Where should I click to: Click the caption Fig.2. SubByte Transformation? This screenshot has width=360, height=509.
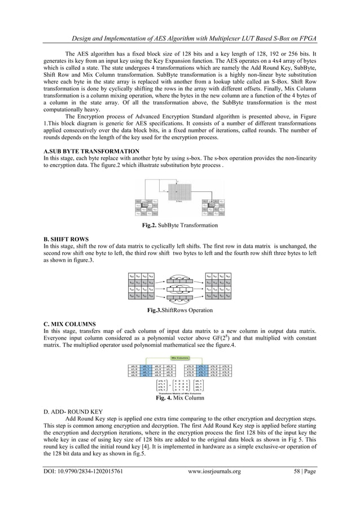tap(179, 226)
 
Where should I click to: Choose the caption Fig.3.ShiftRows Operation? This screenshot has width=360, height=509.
tap(179, 310)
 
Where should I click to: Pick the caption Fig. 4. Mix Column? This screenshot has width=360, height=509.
tap(179, 399)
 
